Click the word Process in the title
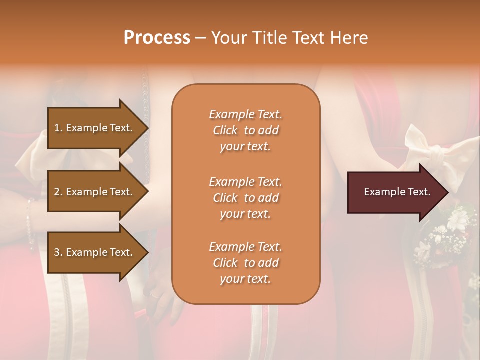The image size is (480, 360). tap(157, 38)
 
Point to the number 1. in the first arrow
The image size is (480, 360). tap(58, 128)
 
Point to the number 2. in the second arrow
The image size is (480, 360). tap(58, 192)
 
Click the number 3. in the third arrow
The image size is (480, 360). tap(58, 252)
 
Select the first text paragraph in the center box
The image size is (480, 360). tap(245, 130)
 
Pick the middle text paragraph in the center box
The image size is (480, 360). tap(245, 198)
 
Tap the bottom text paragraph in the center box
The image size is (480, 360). tap(245, 263)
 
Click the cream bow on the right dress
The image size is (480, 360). tap(425, 150)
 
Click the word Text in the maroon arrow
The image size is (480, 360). tap(419, 192)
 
